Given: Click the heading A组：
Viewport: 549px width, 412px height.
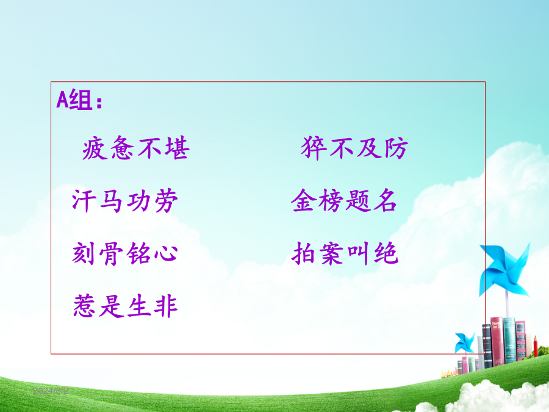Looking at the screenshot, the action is click(x=80, y=100).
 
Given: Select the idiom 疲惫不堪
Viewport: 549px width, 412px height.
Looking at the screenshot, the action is click(x=136, y=148).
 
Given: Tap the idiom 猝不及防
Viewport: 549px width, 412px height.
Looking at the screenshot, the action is click(x=354, y=148).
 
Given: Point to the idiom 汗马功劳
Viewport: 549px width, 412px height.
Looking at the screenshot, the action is click(x=125, y=201).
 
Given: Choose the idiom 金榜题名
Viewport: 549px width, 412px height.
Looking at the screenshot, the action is click(x=344, y=200).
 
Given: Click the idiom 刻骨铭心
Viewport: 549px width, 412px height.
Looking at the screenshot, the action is click(x=125, y=253).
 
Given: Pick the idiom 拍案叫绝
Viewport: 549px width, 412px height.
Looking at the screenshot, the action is click(x=345, y=253).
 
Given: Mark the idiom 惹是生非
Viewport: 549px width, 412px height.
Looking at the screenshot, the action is click(x=126, y=306).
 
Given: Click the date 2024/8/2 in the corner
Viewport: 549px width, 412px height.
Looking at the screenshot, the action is click(x=51, y=391).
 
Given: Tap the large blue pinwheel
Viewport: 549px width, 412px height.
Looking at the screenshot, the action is click(x=504, y=270).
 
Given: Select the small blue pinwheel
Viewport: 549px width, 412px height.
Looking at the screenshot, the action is click(x=464, y=342).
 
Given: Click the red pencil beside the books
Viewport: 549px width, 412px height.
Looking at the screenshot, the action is click(x=536, y=346).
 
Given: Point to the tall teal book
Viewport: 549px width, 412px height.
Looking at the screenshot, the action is click(x=509, y=340).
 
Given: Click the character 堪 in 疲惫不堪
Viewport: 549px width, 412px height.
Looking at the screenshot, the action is click(x=178, y=148).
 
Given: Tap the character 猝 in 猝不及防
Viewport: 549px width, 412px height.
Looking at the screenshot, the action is click(x=314, y=148).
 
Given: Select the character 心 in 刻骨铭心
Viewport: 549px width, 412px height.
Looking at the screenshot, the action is click(x=166, y=253).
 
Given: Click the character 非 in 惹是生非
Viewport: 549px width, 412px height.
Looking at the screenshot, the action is click(x=167, y=306).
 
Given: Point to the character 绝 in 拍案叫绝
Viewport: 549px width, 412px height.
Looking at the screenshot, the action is click(x=386, y=253).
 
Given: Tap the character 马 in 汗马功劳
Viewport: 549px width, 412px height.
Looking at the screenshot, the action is click(x=112, y=201).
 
